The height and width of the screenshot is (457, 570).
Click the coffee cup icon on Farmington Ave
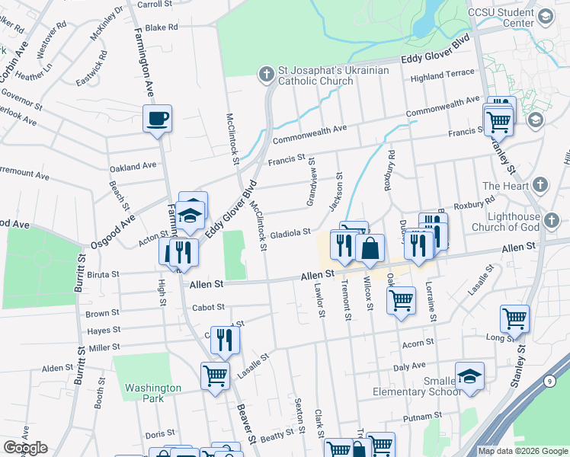(159, 119)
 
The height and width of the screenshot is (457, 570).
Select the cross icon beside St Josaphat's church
(266, 74)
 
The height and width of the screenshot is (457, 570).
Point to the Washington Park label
(153, 392)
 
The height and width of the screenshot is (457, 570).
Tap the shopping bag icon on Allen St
(370, 248)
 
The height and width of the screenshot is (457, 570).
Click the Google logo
(25, 448)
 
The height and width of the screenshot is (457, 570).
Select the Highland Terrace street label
(442, 77)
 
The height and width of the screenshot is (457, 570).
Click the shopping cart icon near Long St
(514, 318)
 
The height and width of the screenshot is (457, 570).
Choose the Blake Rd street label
(161, 27)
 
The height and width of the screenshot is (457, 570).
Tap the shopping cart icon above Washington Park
(215, 375)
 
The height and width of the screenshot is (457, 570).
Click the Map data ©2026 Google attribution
(524, 451)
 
